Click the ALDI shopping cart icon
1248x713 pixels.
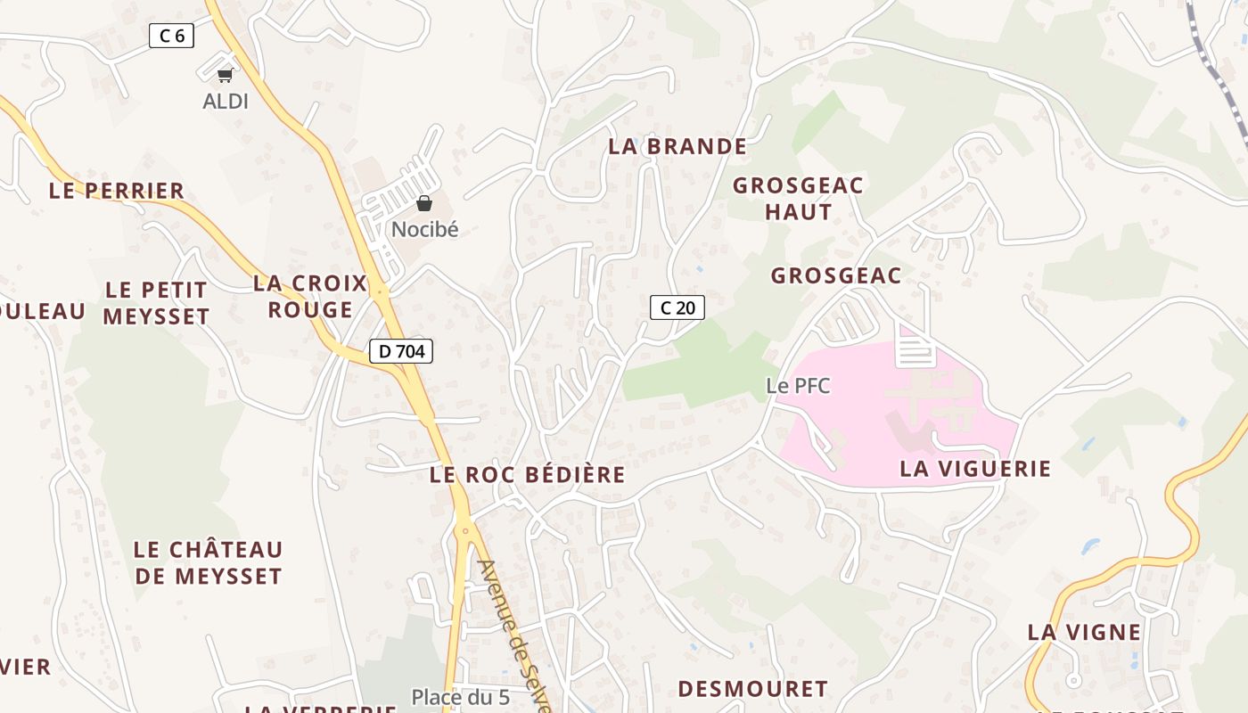point(226,76)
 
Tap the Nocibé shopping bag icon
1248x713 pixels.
point(424,203)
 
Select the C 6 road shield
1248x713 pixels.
point(171,36)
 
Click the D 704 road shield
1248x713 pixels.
point(401,351)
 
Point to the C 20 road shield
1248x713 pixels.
point(677,307)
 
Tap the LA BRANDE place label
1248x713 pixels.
point(677,146)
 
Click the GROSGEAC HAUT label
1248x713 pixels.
point(798,199)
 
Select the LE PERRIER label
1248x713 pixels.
point(117,190)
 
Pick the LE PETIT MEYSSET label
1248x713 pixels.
point(156,303)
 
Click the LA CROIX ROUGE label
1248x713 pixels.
point(310,296)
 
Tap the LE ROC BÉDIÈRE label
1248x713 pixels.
point(528,474)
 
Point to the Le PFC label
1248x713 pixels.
point(798,386)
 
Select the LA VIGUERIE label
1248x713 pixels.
point(975,468)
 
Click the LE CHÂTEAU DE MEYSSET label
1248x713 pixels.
point(208,562)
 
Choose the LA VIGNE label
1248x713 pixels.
point(1084,632)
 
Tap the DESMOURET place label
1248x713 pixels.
point(752,689)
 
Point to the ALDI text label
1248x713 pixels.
point(226,102)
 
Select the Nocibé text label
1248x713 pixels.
point(424,229)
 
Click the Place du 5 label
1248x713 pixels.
point(460,696)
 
